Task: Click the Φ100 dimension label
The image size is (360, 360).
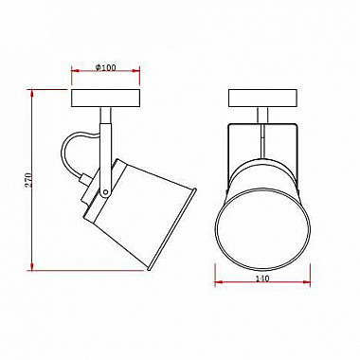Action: [x=105, y=67]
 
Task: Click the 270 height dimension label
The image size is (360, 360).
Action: [x=28, y=180]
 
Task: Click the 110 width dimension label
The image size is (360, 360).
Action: [x=262, y=279]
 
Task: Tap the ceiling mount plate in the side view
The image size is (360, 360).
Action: [x=105, y=99]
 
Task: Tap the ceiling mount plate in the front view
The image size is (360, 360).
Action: [x=262, y=99]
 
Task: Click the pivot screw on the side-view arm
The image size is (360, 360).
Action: [x=106, y=191]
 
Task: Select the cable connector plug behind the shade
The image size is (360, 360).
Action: [x=85, y=179]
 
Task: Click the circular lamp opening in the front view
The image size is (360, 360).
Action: [x=262, y=229]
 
